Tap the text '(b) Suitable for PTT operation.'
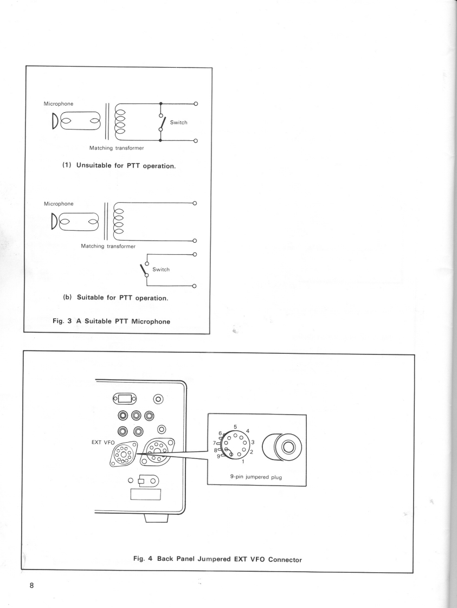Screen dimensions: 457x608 pyautogui.click(x=119, y=297)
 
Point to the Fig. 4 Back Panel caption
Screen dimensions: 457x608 pyautogui.click(x=217, y=559)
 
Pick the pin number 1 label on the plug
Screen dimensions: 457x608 pyautogui.click(x=243, y=462)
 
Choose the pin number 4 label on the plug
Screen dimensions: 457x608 pyautogui.click(x=247, y=431)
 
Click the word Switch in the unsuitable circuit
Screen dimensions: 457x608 pyautogui.click(x=178, y=122)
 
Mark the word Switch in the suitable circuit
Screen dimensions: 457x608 pyautogui.click(x=161, y=269)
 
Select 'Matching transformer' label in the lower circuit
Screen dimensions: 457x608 pyautogui.click(x=108, y=246)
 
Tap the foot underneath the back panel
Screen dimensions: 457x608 pyautogui.click(x=157, y=519)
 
